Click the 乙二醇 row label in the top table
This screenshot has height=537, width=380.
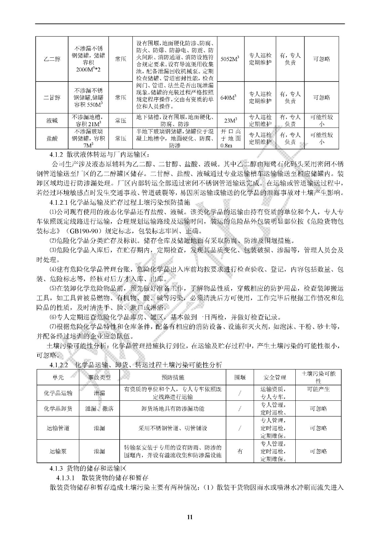click(x=52, y=59)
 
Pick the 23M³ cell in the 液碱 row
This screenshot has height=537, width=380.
click(x=231, y=120)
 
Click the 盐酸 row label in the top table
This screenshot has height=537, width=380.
click(x=52, y=138)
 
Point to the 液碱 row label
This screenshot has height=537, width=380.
click(x=52, y=120)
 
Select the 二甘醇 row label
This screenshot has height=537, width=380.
click(x=52, y=98)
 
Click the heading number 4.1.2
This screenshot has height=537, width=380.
click(x=56, y=155)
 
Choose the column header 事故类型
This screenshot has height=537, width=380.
click(x=99, y=377)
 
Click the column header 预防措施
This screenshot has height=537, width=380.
click(x=173, y=377)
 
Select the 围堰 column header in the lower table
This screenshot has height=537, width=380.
click(x=240, y=377)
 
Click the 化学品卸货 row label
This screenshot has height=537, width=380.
click(x=58, y=408)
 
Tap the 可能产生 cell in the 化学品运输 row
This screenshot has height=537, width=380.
click(x=318, y=389)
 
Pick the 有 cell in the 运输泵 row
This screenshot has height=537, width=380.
click(x=240, y=451)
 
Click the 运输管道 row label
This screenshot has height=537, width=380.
click(x=58, y=428)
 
